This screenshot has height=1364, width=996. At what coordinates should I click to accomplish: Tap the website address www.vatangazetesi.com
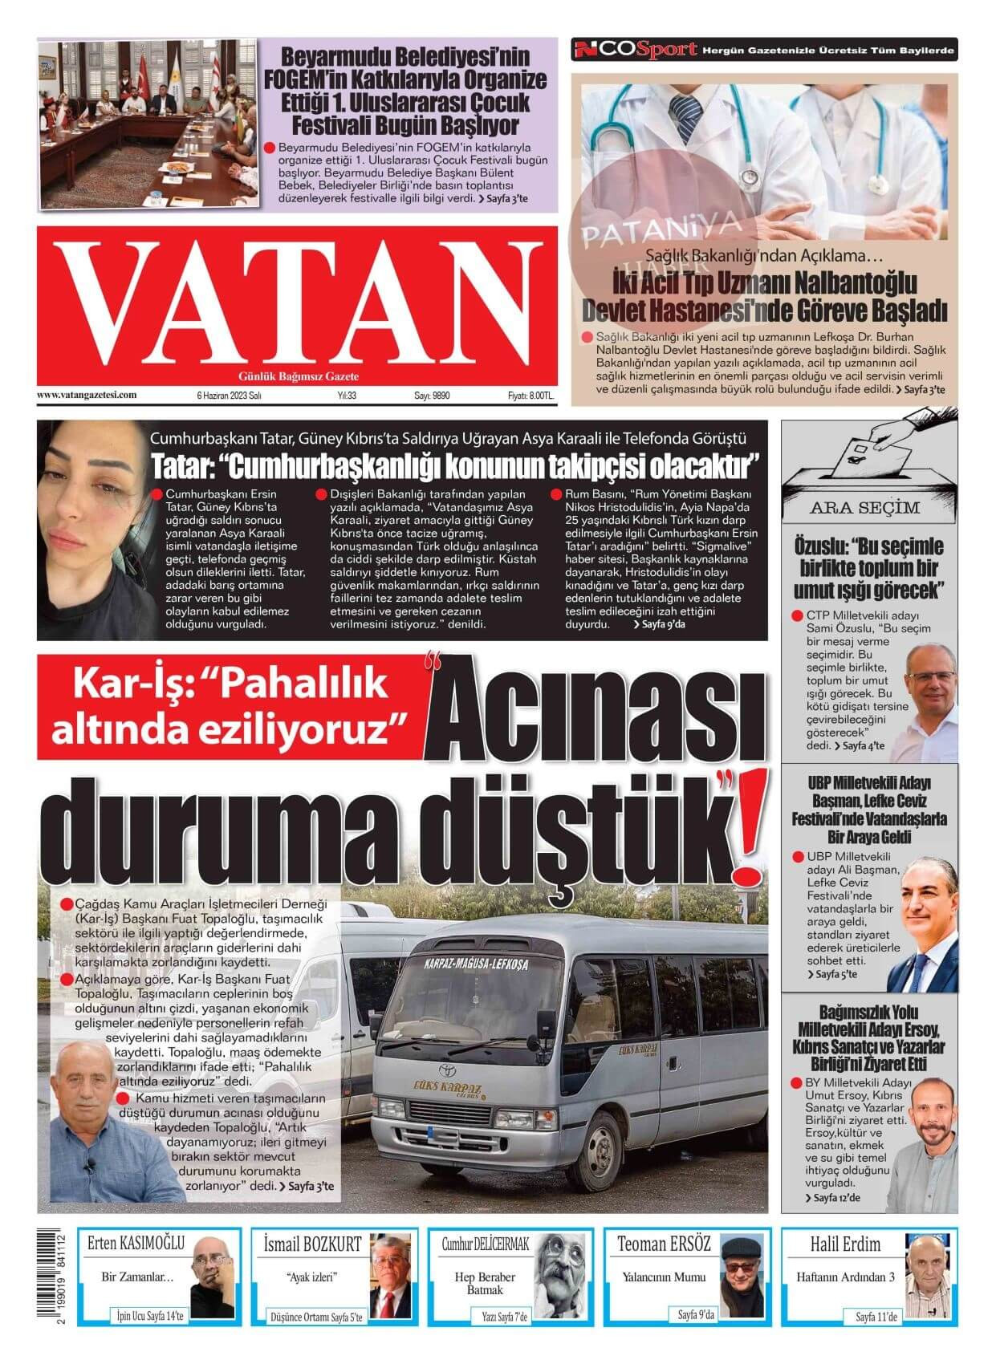pyautogui.click(x=87, y=395)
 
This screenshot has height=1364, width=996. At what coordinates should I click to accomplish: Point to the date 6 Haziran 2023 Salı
pyautogui.click(x=230, y=396)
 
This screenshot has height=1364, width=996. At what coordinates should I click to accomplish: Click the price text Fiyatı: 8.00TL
pyautogui.click(x=531, y=396)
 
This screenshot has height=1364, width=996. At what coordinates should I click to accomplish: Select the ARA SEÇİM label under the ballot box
pyautogui.click(x=864, y=508)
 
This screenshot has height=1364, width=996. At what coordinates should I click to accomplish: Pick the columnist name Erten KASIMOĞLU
pyautogui.click(x=136, y=1244)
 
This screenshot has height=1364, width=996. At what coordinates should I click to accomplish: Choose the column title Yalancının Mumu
pyautogui.click(x=664, y=1277)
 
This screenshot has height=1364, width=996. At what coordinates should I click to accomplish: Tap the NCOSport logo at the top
pyautogui.click(x=634, y=50)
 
